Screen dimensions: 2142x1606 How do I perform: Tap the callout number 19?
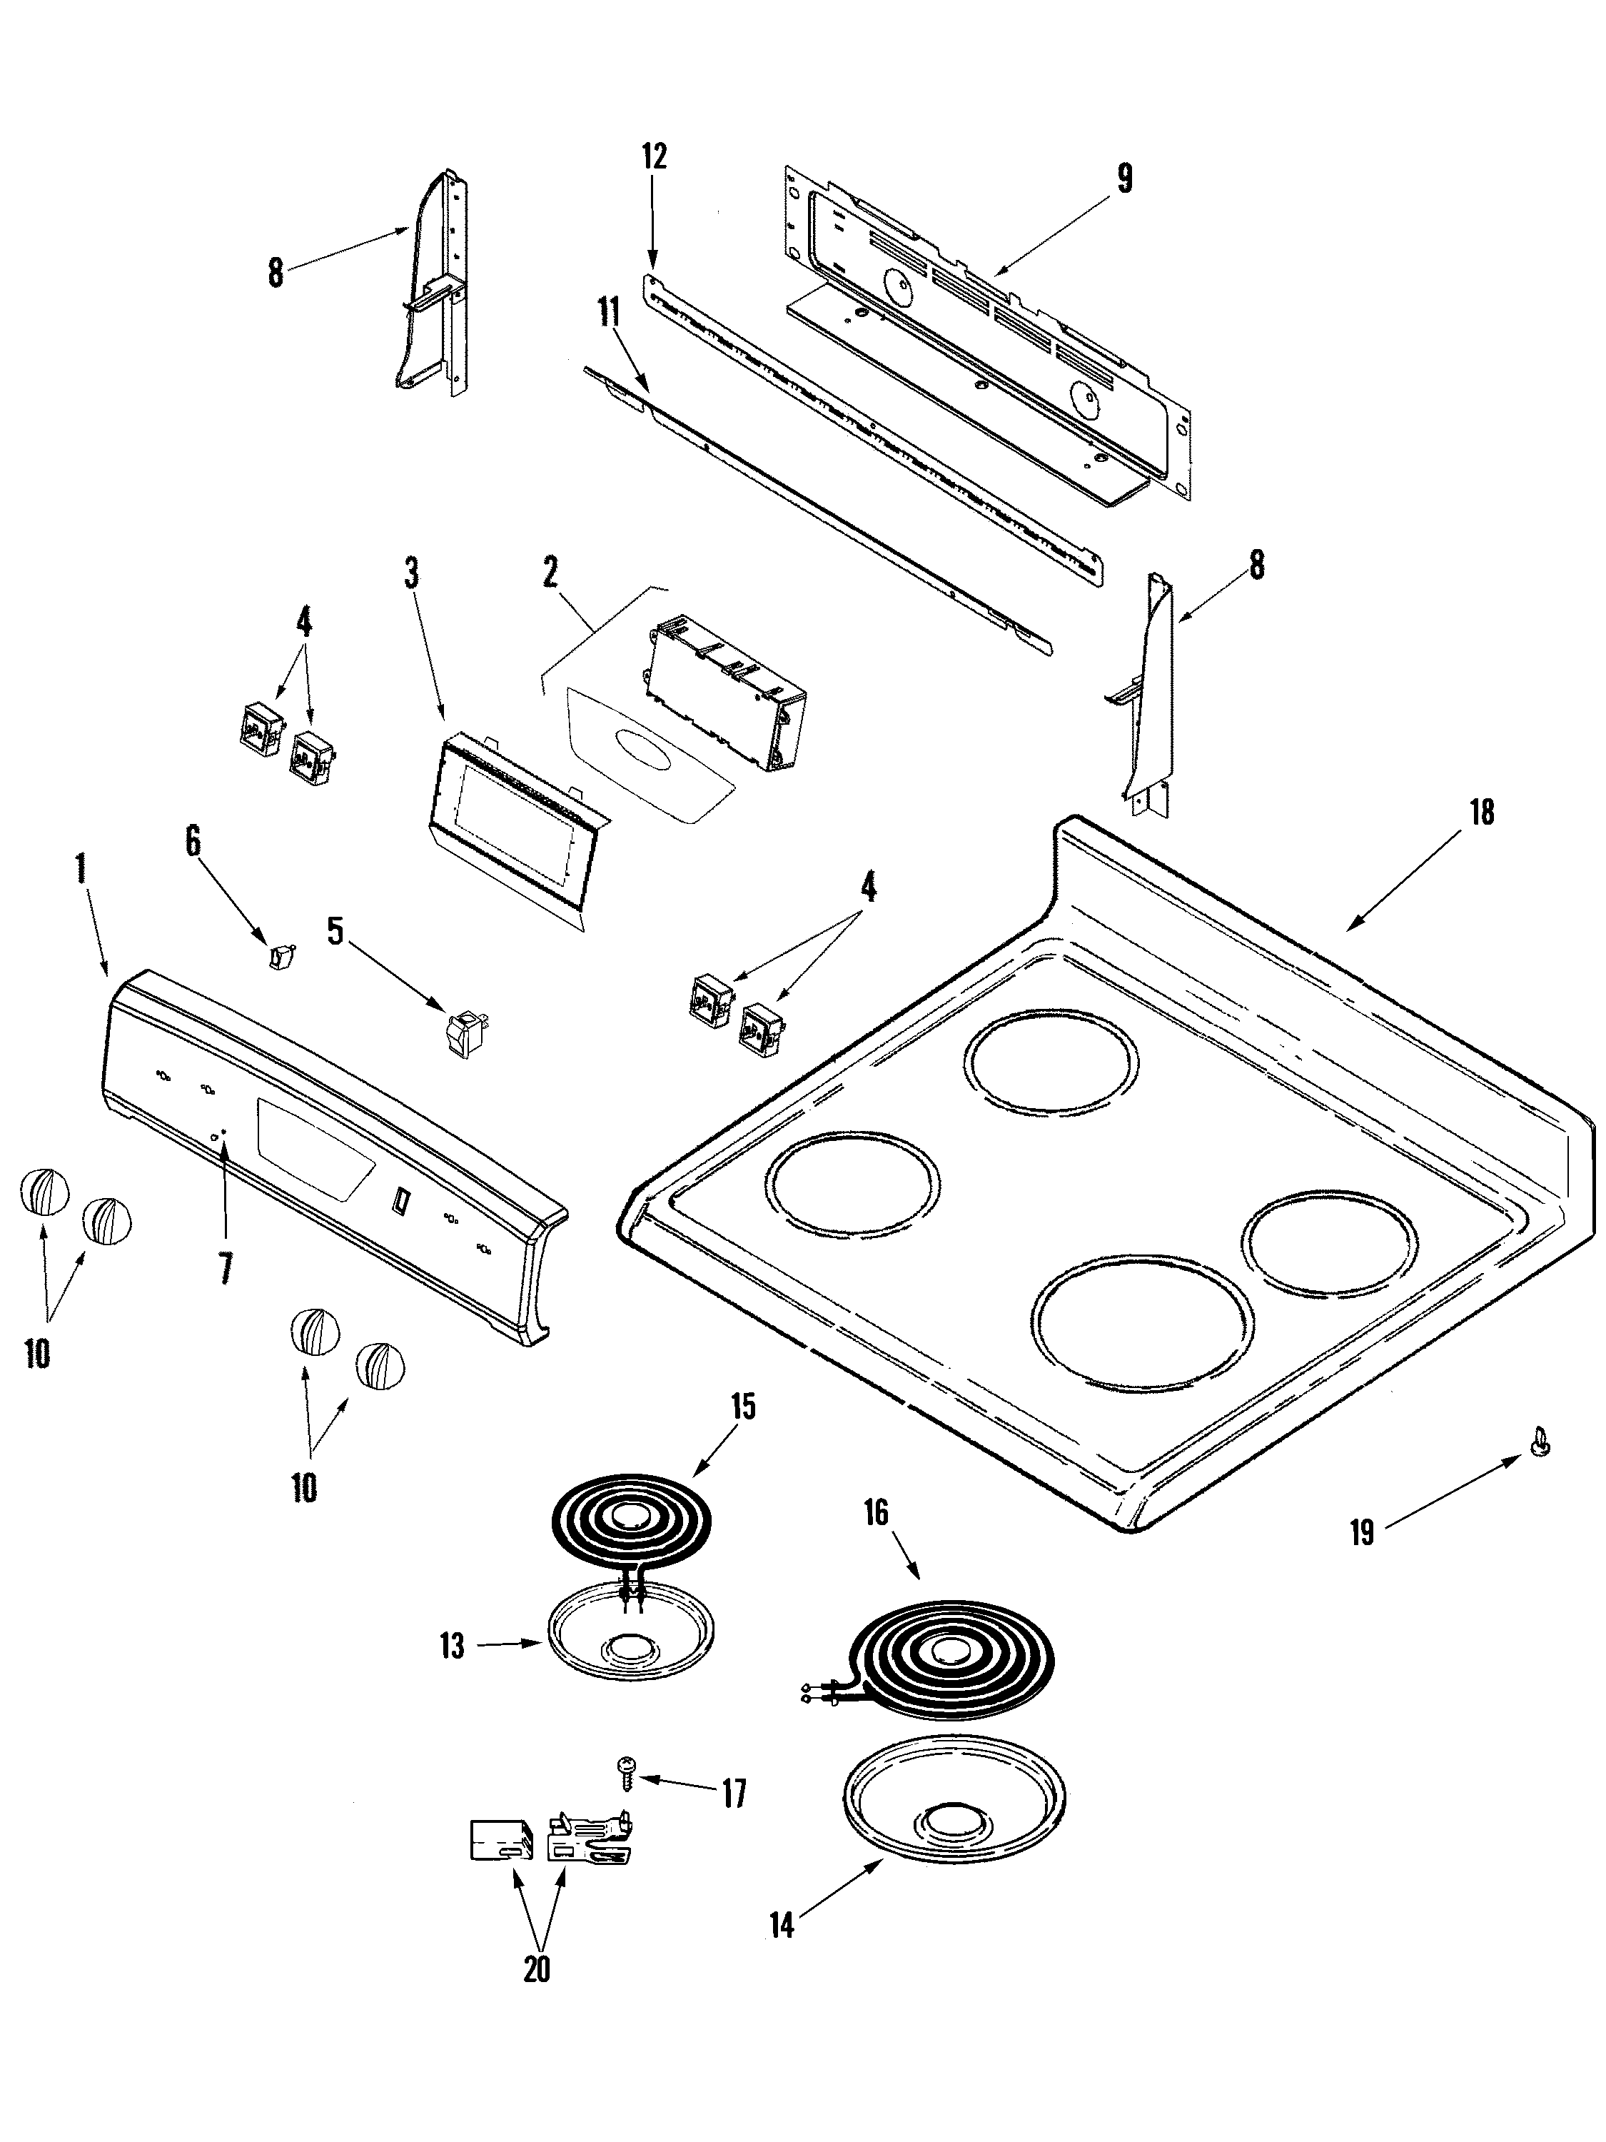click(x=1361, y=1533)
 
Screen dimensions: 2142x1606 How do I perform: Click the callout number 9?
click(x=1124, y=178)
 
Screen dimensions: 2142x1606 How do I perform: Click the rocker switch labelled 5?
click(x=465, y=1031)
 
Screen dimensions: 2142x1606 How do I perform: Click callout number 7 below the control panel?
click(x=225, y=1267)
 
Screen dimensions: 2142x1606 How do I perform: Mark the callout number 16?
click(x=875, y=1512)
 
